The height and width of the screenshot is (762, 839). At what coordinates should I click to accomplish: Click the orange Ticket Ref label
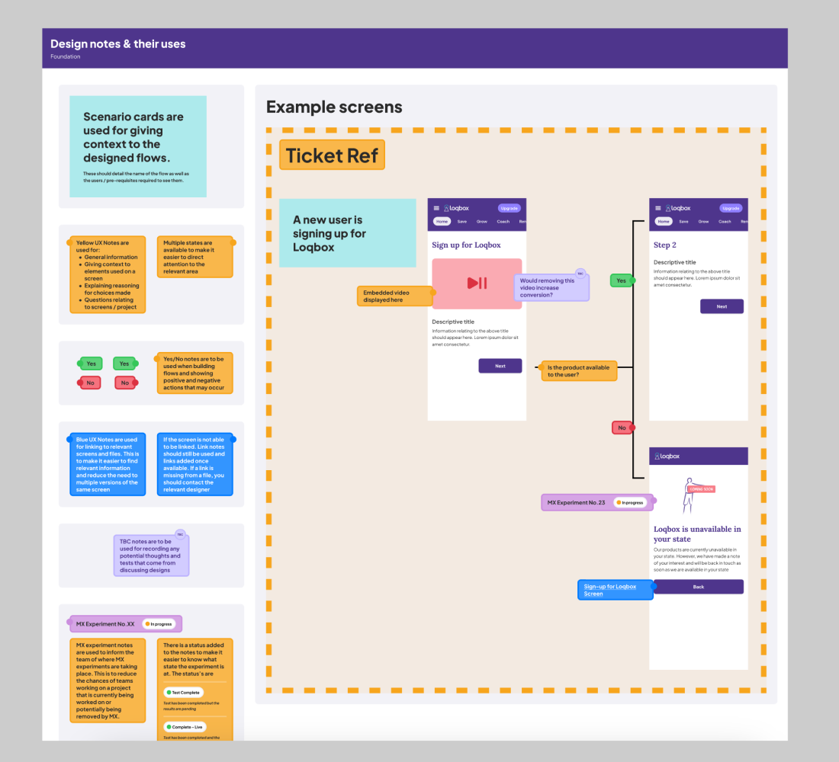[x=332, y=155]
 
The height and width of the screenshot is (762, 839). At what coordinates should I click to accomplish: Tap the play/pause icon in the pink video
[x=477, y=283]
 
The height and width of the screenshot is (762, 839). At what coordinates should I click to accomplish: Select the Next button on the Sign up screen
[x=500, y=366]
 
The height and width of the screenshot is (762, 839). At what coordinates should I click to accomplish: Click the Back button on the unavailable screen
[x=698, y=587]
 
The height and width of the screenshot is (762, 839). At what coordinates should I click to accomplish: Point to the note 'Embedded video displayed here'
[x=394, y=296]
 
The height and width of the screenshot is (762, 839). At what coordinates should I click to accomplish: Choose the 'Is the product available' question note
[x=578, y=371]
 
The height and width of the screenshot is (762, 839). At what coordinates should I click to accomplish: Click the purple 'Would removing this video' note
[x=551, y=288]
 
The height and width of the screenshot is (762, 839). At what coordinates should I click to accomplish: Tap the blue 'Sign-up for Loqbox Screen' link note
[x=615, y=590]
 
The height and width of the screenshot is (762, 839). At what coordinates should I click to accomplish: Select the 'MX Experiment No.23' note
[x=597, y=502]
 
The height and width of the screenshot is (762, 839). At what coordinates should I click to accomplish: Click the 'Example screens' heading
[x=334, y=107]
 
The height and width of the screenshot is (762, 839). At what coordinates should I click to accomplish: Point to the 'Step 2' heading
[x=665, y=245]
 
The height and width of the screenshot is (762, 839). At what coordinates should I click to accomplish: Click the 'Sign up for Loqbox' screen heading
[x=466, y=245]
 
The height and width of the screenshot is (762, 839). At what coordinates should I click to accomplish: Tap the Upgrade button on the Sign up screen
[x=509, y=208]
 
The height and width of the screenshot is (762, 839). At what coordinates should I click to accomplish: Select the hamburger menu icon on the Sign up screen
[x=436, y=208]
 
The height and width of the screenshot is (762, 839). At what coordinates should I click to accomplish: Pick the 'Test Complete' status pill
[x=185, y=692]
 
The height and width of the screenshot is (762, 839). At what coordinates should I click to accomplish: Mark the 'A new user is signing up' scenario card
[x=347, y=233]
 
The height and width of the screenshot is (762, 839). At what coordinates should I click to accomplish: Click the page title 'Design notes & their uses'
[x=117, y=44]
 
